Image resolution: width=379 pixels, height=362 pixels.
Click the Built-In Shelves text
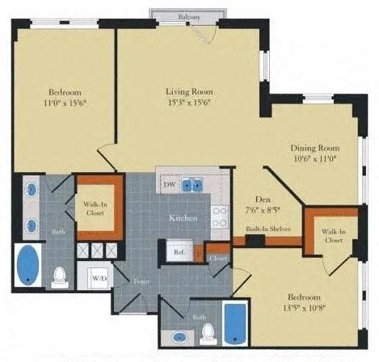click(267, 229)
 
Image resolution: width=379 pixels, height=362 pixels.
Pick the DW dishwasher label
click(170, 185)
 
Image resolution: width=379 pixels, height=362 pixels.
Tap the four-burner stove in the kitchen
click(219, 216)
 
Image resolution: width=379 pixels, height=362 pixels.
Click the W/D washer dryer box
click(99, 277)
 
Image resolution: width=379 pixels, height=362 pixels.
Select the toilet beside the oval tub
click(59, 277)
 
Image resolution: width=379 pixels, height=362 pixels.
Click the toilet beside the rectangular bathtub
click(208, 331)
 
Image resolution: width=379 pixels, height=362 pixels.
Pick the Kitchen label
click(183, 219)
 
